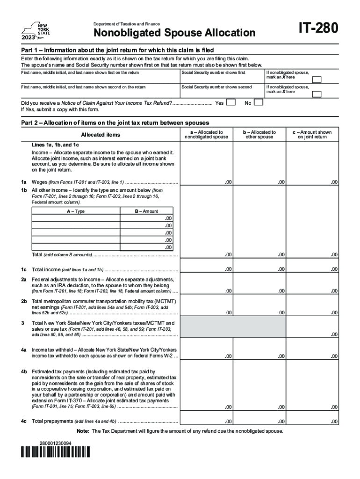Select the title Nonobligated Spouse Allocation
tap(174, 33)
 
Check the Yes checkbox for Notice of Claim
tap(230, 102)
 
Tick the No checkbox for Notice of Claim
tap(259, 102)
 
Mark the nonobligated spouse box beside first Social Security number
tap(317, 79)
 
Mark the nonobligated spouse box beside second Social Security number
tap(317, 94)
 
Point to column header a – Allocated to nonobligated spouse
tap(206, 135)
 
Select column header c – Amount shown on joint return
tap(312, 135)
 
